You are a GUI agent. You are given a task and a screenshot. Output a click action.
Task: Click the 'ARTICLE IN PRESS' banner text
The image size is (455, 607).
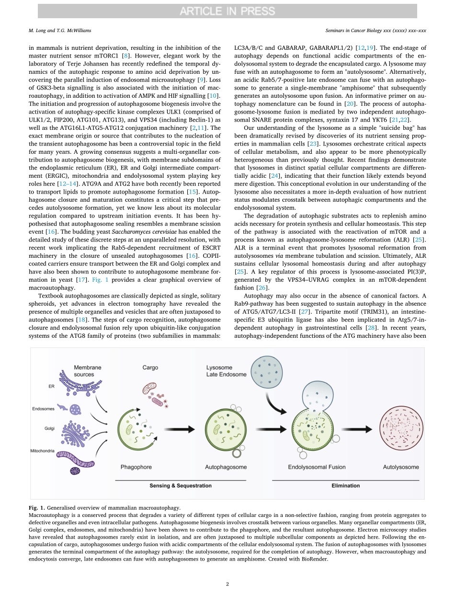click(x=227, y=11)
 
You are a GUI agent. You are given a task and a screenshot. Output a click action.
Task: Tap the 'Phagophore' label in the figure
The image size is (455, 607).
click(x=136, y=467)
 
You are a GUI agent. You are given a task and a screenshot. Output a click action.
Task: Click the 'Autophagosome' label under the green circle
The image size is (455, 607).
click(x=226, y=467)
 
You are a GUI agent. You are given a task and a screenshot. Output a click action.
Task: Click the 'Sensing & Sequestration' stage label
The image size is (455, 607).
click(x=180, y=486)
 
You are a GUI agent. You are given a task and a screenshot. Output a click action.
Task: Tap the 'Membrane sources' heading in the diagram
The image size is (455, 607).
click(x=87, y=371)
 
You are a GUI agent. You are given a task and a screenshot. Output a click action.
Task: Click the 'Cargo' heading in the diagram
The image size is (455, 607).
click(x=150, y=367)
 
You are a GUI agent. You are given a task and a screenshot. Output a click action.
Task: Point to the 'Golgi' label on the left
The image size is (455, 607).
click(x=49, y=428)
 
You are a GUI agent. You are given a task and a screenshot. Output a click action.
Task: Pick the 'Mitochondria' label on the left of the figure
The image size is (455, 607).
click(x=43, y=451)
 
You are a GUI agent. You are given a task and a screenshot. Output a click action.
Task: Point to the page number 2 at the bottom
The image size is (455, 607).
click(x=227, y=584)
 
